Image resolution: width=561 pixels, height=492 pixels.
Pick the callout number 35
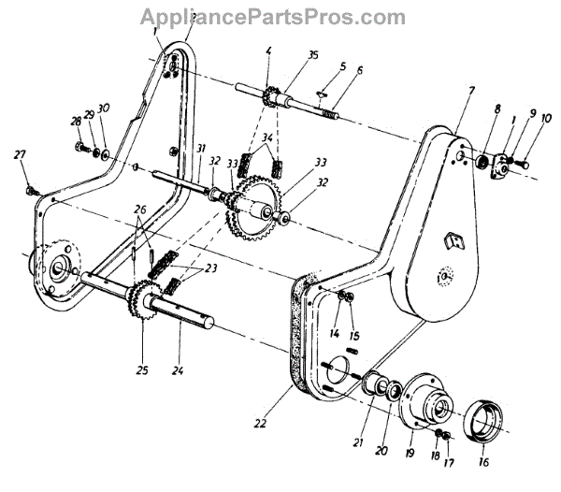pos(312,55)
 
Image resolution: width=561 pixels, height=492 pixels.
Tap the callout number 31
pos(200,149)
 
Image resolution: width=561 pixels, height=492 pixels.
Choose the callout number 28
pos(74,122)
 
